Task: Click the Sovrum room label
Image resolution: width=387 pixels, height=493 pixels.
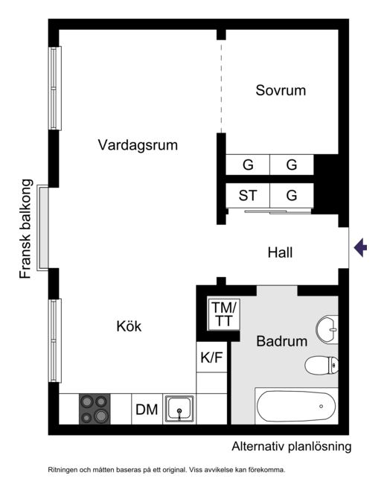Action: pos(281,90)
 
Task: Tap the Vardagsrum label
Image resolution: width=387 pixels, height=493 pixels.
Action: pos(138,145)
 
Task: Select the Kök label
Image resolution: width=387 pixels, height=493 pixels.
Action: pos(129,326)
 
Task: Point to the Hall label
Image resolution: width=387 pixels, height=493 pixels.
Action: pos(280,252)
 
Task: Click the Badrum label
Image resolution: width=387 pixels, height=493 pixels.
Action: pos(282,341)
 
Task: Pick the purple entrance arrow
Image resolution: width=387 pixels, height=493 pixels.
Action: pos(360,247)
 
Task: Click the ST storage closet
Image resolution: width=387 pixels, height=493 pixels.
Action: pos(248,196)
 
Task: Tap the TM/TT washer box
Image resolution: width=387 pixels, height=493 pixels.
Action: pos(224,314)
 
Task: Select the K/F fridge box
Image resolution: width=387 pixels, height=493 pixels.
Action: pos(211,357)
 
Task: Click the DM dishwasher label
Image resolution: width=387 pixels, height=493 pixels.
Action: pos(147,410)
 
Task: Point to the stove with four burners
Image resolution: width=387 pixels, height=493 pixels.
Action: pos(95,409)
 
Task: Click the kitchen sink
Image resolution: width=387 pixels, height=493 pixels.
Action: pos(179,408)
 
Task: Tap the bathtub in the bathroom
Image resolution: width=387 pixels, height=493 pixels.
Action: pos(297,406)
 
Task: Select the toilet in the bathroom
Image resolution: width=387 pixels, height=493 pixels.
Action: pos(322,366)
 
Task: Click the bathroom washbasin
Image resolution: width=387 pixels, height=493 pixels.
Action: pos(327,329)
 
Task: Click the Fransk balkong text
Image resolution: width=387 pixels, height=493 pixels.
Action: pos(26,229)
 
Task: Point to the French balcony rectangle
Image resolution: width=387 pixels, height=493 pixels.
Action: pos(43,228)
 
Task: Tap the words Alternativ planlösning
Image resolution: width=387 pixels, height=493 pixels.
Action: pos(292,447)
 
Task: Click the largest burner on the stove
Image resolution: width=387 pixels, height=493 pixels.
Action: pos(101,416)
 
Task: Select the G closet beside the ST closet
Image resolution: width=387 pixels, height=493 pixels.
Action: pos(292,196)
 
